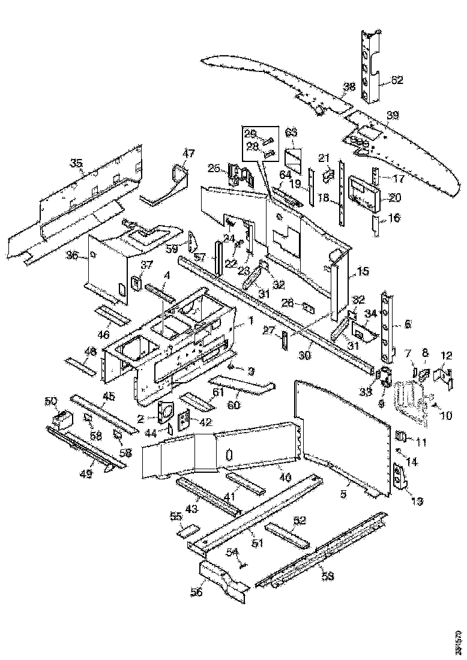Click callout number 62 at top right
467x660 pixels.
[397, 79]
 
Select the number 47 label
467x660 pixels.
[188, 154]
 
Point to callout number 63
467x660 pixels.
[291, 132]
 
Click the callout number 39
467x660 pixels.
[392, 115]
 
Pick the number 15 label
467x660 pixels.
[363, 272]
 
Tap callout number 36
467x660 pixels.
[73, 256]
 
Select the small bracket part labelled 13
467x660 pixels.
[399, 477]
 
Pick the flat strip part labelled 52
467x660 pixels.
[288, 536]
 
